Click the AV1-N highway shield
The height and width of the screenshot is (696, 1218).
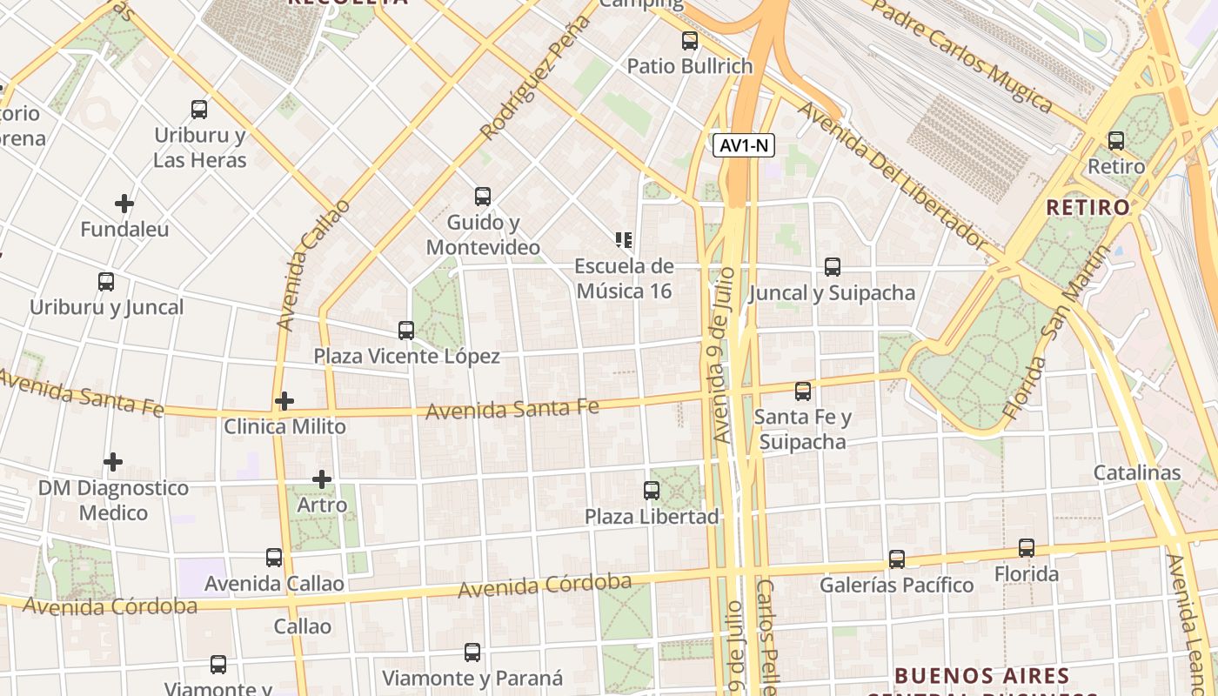[x=744, y=145]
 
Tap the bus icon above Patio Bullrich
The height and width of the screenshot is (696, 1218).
[x=690, y=40]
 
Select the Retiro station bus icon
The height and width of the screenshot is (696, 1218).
[x=1116, y=140]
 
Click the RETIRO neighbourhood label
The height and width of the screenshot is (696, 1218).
[x=1087, y=207]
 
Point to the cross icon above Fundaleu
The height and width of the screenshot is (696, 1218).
[x=124, y=204]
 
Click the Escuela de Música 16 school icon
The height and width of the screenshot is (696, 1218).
[x=623, y=239]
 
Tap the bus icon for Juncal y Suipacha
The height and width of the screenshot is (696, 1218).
[x=833, y=267]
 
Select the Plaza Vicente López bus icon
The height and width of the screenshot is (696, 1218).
[x=406, y=331]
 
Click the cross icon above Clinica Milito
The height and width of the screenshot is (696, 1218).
[x=284, y=401]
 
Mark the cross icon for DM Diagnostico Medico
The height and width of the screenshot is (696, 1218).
[x=113, y=462]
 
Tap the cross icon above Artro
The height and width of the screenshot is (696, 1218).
[x=322, y=479]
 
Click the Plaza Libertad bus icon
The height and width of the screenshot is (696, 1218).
[x=652, y=491]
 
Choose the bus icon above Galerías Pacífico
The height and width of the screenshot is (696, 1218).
[x=897, y=559]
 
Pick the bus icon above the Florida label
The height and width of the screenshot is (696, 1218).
[x=1027, y=548]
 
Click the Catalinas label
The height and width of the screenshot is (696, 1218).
[x=1137, y=472]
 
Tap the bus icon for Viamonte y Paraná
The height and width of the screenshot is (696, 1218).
[x=472, y=652]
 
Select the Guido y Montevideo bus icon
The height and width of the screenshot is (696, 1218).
[x=483, y=197]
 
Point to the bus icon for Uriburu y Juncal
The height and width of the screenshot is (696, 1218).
[x=106, y=282]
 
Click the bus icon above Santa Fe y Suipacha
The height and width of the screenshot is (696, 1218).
[x=803, y=391]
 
